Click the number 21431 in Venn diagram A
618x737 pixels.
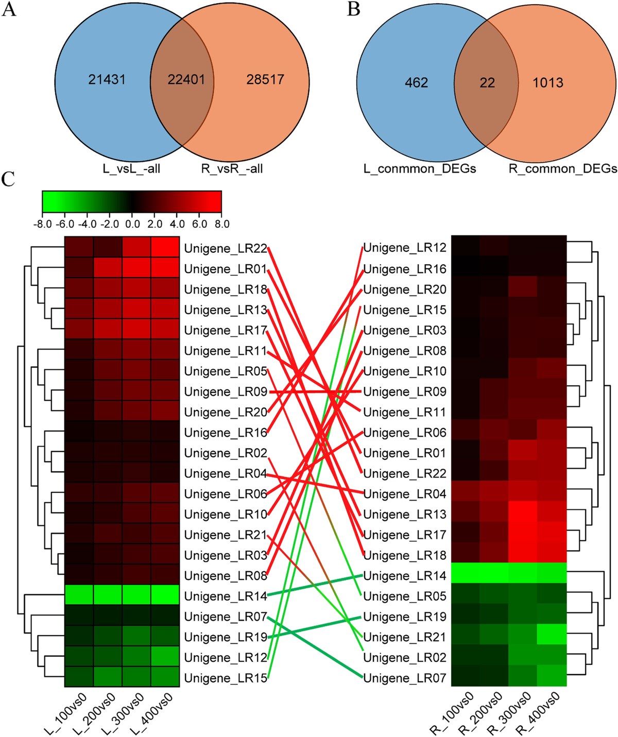click(x=107, y=80)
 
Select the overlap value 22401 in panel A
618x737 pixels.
click(x=186, y=80)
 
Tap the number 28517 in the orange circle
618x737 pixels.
click(x=265, y=80)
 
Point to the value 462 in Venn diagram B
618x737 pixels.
click(x=416, y=83)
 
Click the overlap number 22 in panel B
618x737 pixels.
click(x=487, y=83)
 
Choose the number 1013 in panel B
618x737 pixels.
click(x=548, y=83)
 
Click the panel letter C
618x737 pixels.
click(x=8, y=179)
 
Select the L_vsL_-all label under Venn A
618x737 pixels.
click(x=131, y=168)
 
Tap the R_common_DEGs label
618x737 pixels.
click(x=563, y=169)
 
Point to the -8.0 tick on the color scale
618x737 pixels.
click(x=42, y=224)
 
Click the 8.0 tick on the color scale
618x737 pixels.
click(x=221, y=224)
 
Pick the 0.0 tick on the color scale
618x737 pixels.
click(x=132, y=224)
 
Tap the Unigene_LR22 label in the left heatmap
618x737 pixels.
click(x=226, y=249)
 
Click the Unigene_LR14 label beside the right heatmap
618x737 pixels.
click(x=405, y=576)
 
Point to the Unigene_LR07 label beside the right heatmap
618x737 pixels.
click(x=405, y=678)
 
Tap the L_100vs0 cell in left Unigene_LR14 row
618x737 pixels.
click(x=79, y=594)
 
